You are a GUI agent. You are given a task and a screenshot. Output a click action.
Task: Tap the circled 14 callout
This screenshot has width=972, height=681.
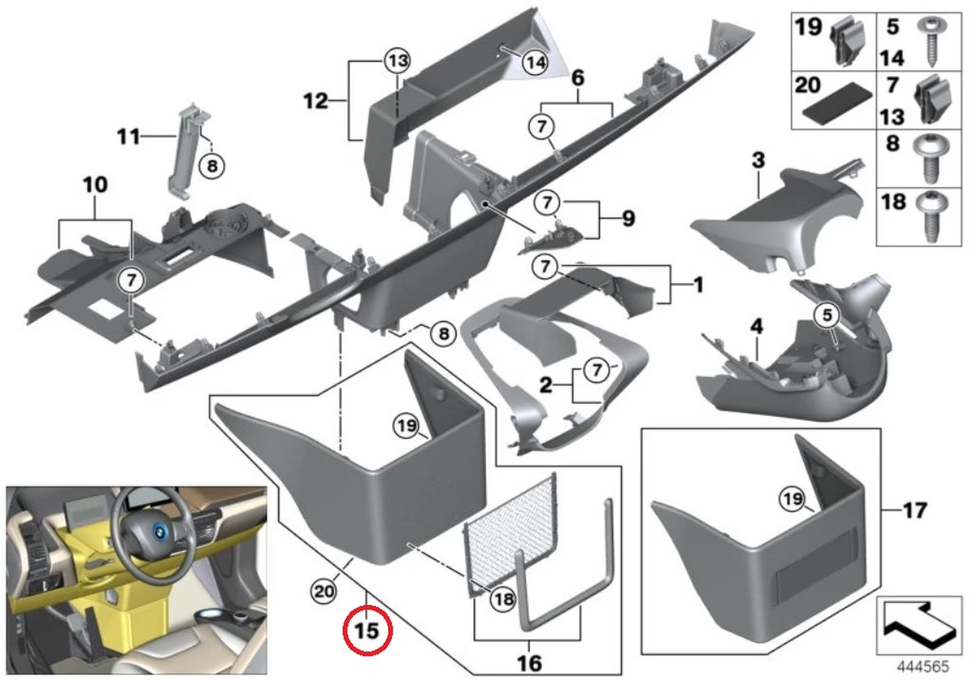(534, 62)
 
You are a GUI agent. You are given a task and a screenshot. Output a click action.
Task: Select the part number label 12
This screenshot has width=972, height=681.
(317, 101)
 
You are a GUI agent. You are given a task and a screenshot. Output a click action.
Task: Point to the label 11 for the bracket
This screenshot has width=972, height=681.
(127, 137)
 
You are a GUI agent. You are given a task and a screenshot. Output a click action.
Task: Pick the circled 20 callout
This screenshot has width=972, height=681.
(323, 593)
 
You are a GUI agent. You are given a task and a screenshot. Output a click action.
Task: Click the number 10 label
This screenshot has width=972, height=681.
(95, 186)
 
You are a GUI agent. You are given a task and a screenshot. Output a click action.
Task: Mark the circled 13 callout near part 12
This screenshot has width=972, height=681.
(398, 62)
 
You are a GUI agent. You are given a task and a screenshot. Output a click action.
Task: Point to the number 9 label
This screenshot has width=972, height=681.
(628, 219)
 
